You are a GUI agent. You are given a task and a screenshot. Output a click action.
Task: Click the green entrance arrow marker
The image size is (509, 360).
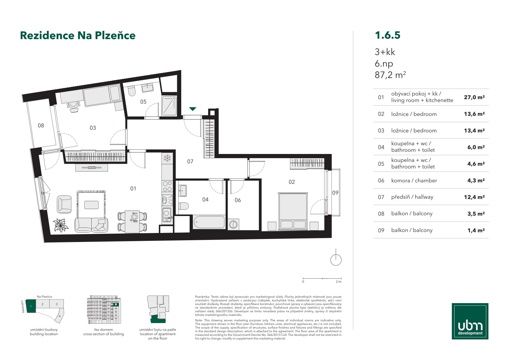(x=193, y=109)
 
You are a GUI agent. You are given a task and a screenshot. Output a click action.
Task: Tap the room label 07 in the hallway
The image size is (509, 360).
(x=190, y=162)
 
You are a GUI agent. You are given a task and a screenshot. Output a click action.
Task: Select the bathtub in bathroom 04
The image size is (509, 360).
(x=209, y=222)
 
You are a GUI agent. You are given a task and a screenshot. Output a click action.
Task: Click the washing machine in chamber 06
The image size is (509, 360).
(x=233, y=224)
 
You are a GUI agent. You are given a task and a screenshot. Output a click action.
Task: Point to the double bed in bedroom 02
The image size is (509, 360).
(x=293, y=211)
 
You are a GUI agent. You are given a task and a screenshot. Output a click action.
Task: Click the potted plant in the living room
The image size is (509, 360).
(x=60, y=225)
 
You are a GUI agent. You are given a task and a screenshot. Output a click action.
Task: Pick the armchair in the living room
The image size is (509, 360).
(x=64, y=204)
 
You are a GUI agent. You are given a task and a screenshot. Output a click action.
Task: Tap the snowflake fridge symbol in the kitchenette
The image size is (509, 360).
(x=168, y=158)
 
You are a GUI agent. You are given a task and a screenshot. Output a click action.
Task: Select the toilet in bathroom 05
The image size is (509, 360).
(x=132, y=91)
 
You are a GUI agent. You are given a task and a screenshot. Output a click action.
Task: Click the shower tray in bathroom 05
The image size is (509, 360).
(x=169, y=106)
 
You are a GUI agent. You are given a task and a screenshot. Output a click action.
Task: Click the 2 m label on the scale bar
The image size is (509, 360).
(x=338, y=282)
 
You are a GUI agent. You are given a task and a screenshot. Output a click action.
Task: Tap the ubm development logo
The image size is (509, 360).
(x=470, y=321)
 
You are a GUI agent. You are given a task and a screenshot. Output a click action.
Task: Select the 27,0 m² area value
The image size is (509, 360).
(x=474, y=97)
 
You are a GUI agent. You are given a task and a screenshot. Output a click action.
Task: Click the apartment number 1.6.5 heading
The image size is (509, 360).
(x=387, y=35)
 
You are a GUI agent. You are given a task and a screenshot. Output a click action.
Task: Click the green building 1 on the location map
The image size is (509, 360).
(x=31, y=306)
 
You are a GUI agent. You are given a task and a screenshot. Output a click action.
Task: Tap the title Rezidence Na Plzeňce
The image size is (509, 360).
(x=78, y=35)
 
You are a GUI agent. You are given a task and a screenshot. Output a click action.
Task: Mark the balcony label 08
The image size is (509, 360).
(x=41, y=126)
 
